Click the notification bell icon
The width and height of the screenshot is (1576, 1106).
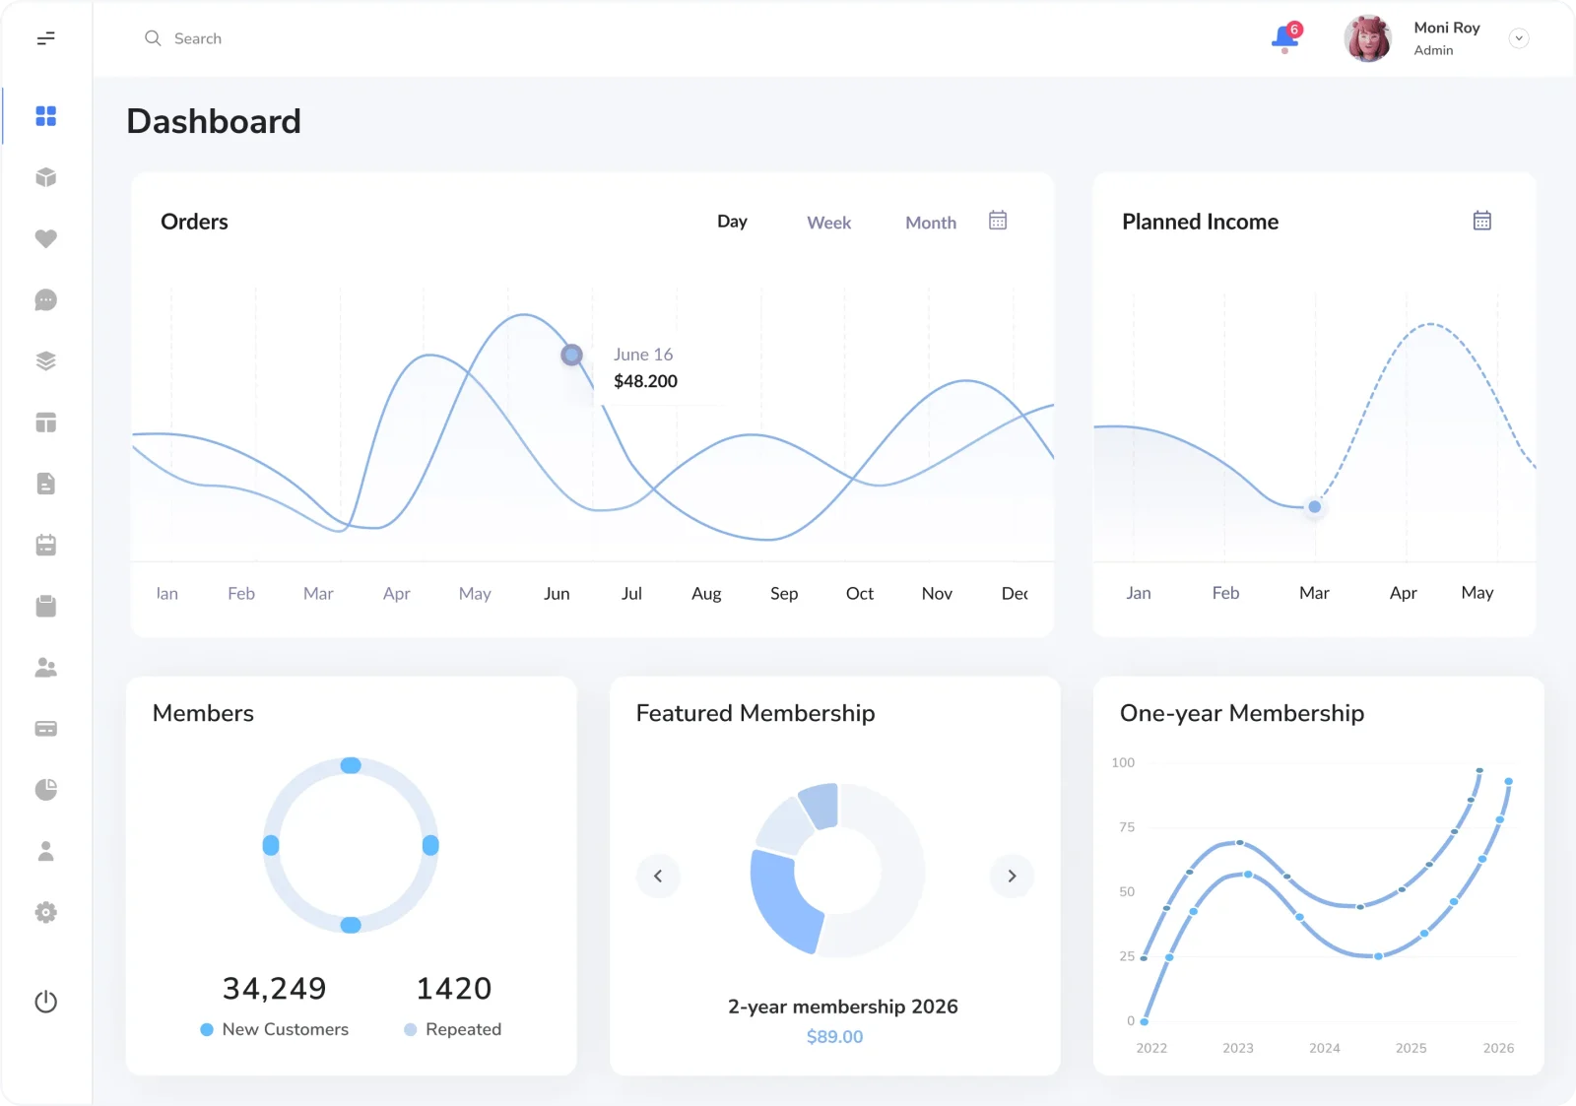(1285, 38)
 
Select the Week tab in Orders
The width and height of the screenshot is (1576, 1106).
(828, 223)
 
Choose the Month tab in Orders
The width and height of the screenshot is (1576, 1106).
(930, 223)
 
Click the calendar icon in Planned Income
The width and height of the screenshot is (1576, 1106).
(1481, 221)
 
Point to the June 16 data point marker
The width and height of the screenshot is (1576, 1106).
(571, 354)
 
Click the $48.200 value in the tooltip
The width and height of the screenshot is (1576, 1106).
(645, 381)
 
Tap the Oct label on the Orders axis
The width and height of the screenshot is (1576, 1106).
(859, 593)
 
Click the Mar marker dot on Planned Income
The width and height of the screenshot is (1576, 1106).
(1314, 506)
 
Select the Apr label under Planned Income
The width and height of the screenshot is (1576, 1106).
(1403, 593)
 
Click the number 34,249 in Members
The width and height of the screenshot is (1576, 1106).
(275, 989)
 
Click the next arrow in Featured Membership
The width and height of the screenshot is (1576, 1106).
(1012, 876)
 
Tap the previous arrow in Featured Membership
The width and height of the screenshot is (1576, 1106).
(658, 876)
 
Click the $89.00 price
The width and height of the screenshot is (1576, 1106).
(834, 1036)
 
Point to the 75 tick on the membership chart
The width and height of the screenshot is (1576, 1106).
(1127, 827)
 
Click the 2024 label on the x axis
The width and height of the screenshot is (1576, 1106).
(1324, 1048)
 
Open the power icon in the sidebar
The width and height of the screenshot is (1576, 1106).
(45, 1002)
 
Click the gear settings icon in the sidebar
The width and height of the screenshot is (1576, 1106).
(45, 913)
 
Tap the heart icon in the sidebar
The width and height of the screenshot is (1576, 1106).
(45, 238)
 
